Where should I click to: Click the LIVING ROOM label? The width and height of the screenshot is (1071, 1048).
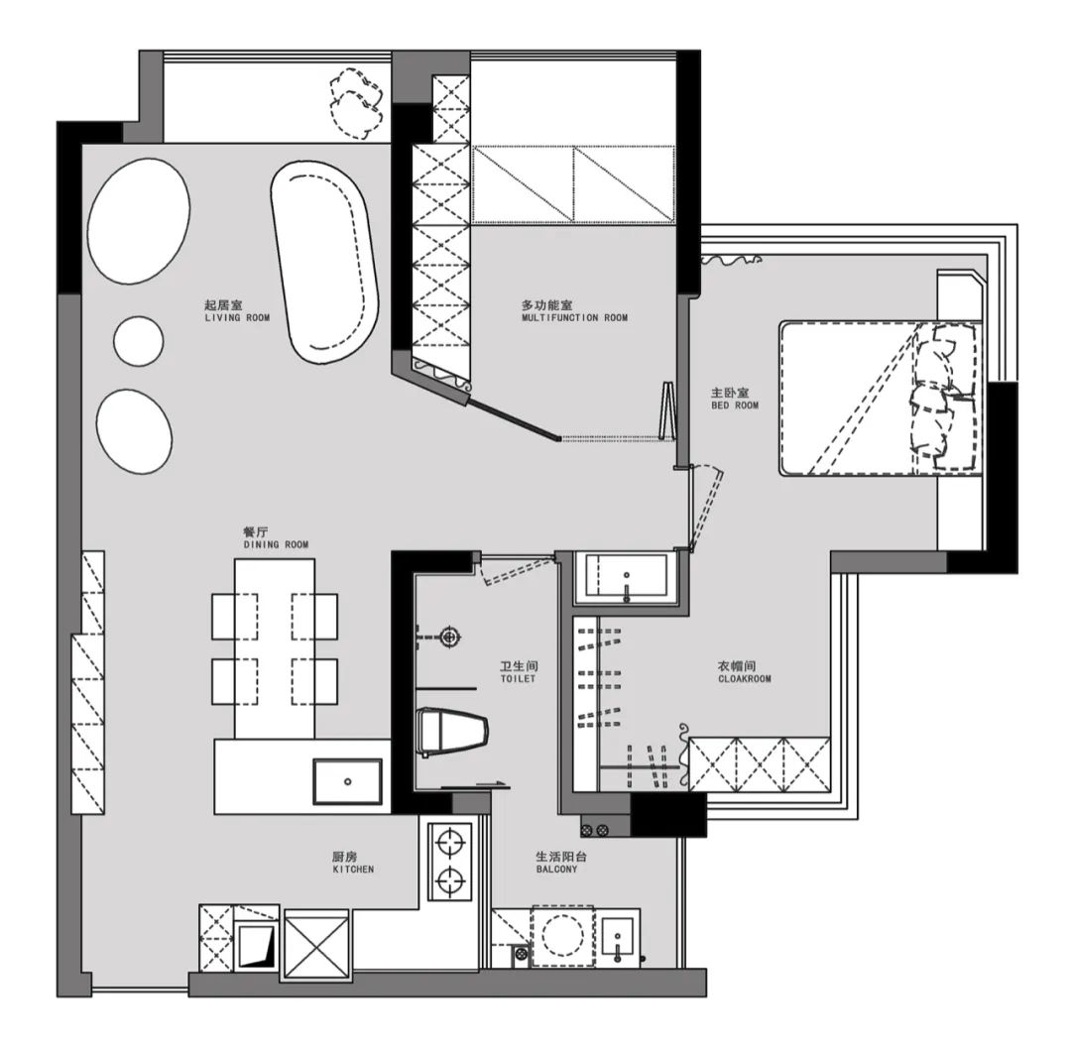[x=237, y=317]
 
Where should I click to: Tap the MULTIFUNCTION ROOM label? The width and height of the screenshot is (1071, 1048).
[x=574, y=317]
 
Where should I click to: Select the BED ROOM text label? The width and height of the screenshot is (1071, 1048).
[x=735, y=405]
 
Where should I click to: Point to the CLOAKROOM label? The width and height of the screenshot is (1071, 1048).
[x=745, y=678]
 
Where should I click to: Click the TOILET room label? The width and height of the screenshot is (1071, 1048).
[x=518, y=678]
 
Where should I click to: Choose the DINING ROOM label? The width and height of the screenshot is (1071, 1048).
[x=276, y=544]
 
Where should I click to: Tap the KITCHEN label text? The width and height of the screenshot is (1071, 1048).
[x=353, y=870]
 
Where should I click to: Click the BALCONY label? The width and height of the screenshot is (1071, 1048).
[x=556, y=870]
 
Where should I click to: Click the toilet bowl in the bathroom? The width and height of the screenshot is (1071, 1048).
[x=452, y=732]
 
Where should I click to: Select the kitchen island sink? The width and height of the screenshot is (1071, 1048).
[x=348, y=781]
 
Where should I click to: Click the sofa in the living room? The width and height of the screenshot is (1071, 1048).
[x=324, y=262]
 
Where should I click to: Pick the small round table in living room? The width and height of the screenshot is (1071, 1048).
[x=139, y=341]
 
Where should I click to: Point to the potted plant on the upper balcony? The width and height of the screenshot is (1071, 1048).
[x=356, y=102]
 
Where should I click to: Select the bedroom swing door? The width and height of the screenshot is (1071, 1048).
[x=703, y=508]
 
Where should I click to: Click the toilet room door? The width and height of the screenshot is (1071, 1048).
[x=517, y=569]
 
